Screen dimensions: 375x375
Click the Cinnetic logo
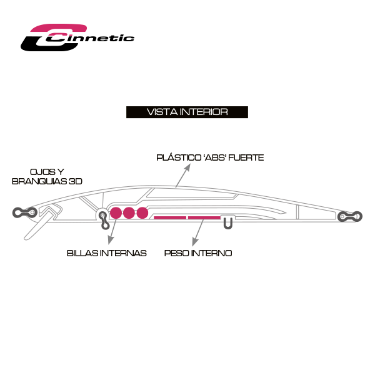point(77,37)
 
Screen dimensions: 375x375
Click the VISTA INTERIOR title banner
point(187,112)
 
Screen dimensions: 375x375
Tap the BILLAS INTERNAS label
point(106,253)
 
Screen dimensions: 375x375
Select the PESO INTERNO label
point(198,253)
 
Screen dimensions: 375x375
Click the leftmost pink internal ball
point(116,212)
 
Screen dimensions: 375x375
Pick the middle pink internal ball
point(129,212)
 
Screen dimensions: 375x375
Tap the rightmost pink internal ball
point(142,212)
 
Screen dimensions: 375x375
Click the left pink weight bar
point(170,218)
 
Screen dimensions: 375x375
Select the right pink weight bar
point(204,218)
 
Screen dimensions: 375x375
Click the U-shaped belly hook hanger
point(227,222)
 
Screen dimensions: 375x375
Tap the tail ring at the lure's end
point(350,216)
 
